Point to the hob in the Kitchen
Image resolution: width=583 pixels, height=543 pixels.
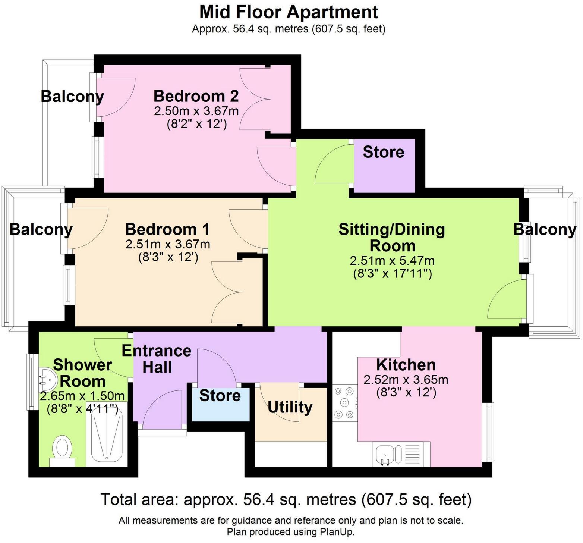click(x=344, y=403)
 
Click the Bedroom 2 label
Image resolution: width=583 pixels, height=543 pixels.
click(x=196, y=96)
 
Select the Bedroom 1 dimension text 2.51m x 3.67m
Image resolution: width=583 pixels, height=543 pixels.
click(x=168, y=245)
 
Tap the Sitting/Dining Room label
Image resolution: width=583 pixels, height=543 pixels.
click(x=392, y=238)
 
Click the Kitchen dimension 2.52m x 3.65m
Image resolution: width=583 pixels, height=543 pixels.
click(x=406, y=380)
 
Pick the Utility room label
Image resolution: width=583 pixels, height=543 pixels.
click(x=290, y=407)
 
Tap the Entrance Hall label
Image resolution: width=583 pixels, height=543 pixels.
click(x=157, y=359)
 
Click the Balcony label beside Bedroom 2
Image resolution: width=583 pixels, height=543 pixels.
click(x=72, y=96)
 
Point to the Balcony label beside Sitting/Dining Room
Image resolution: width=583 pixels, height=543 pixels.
click(x=545, y=229)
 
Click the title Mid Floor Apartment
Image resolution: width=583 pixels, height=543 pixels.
click(x=289, y=12)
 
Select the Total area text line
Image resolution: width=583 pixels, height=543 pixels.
click(x=286, y=499)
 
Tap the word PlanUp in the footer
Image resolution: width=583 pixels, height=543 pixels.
click(x=334, y=532)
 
